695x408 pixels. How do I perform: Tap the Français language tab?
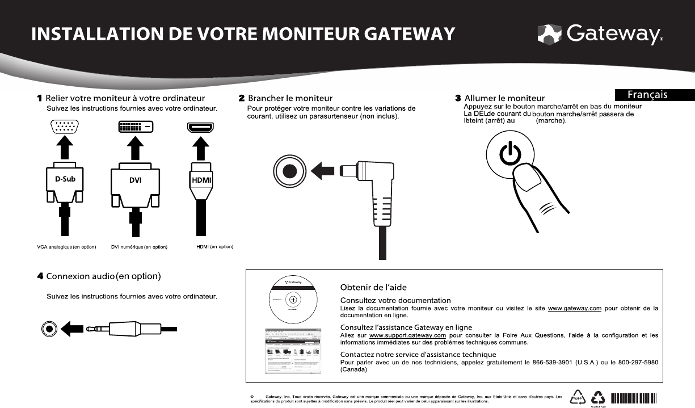click(x=655, y=95)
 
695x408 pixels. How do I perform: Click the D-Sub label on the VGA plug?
click(x=61, y=180)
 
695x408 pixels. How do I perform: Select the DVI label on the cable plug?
click(x=134, y=180)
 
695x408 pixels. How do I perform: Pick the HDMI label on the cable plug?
click(x=200, y=180)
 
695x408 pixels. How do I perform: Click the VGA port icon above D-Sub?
click(x=66, y=127)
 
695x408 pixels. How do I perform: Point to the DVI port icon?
click(x=135, y=127)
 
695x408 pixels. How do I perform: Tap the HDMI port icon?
click(x=200, y=127)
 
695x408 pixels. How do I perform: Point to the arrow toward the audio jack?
click(x=73, y=329)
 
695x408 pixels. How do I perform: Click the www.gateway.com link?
click(x=575, y=309)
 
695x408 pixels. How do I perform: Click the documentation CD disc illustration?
click(x=292, y=299)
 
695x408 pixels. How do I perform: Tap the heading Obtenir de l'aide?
click(x=373, y=287)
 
